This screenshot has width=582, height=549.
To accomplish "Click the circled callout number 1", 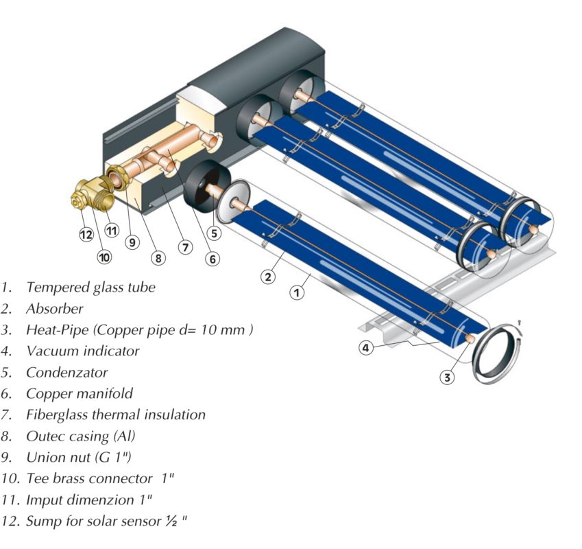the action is click(297, 293).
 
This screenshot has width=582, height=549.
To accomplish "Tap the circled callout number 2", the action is click(268, 277).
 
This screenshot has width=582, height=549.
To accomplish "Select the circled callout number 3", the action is click(447, 377).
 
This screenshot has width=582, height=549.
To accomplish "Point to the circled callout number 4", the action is click(365, 348).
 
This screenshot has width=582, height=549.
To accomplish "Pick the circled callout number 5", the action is click(214, 233).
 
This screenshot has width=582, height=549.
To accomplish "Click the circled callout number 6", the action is click(213, 259).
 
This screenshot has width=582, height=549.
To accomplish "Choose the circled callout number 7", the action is click(185, 247).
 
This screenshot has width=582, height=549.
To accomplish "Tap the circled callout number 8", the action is click(158, 258).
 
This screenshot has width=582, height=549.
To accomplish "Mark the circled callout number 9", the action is click(132, 242).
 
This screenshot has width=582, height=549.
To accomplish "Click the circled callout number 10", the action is click(104, 257).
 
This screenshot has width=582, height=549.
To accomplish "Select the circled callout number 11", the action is click(112, 231).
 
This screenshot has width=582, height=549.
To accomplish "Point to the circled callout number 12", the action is click(86, 235).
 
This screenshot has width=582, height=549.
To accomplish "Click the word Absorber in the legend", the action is click(55, 309).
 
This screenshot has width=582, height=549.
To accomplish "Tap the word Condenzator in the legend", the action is click(66, 372).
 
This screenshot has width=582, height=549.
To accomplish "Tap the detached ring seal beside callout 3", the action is click(498, 353).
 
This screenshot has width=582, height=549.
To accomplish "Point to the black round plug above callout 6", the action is click(207, 187).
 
